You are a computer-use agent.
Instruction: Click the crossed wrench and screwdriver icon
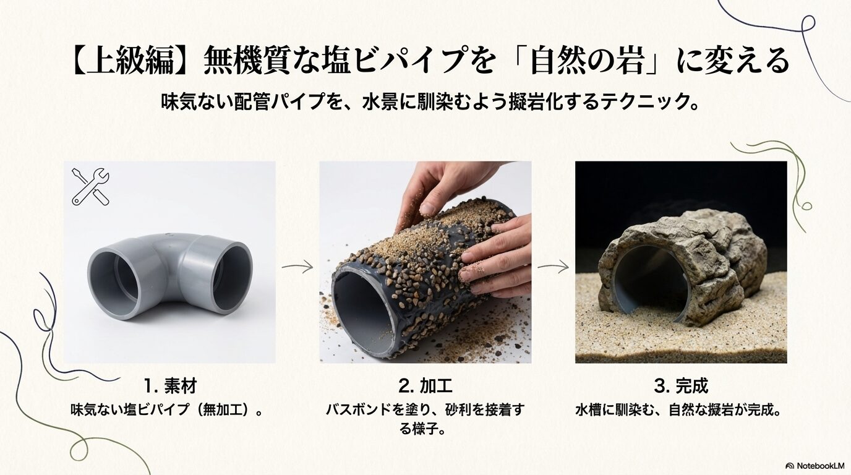click(x=90, y=186)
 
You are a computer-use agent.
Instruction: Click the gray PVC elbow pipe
click(x=169, y=275)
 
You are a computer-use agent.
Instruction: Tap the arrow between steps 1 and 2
click(x=297, y=267)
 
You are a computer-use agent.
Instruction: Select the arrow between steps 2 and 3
click(x=552, y=268)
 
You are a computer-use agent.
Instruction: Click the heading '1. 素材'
click(x=169, y=387)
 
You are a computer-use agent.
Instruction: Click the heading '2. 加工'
click(x=425, y=387)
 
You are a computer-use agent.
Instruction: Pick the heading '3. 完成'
click(x=681, y=387)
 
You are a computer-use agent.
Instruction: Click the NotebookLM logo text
click(x=817, y=465)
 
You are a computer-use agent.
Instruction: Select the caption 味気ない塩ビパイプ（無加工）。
click(x=169, y=409)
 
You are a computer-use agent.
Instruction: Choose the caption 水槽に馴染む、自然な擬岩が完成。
click(x=681, y=409)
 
